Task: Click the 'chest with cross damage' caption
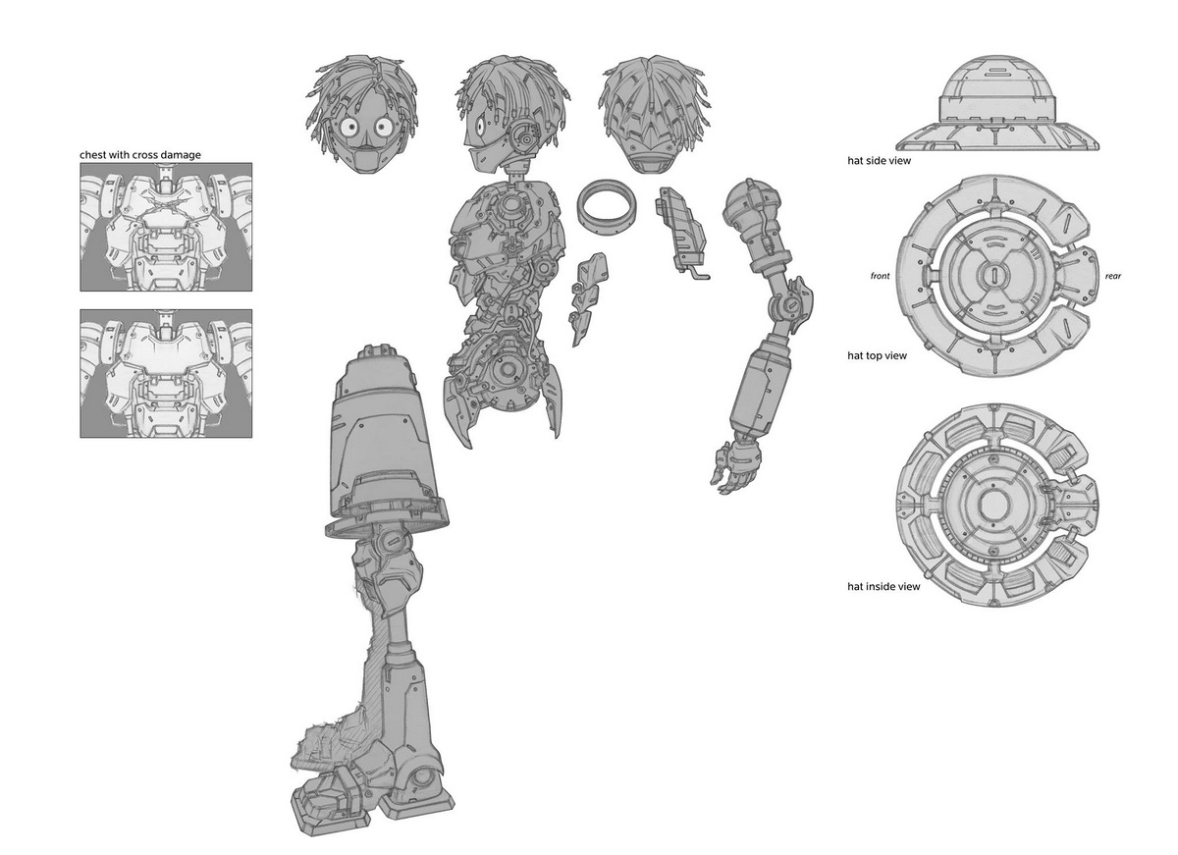[139, 154]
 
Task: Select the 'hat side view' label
[879, 160]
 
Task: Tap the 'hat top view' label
[877, 355]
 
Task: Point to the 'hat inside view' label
[883, 586]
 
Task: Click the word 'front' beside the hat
[880, 276]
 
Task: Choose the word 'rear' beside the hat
[1113, 276]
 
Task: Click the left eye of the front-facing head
[348, 127]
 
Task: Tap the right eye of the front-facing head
[384, 127]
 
